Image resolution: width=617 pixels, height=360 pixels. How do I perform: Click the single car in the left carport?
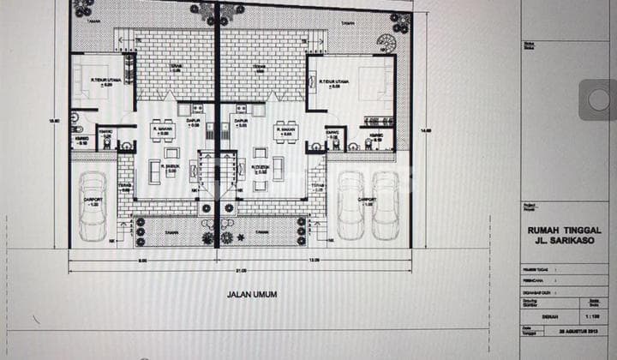pyautogui.click(x=93, y=206)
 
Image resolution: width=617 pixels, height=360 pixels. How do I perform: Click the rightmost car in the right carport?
pyautogui.click(x=385, y=206)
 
